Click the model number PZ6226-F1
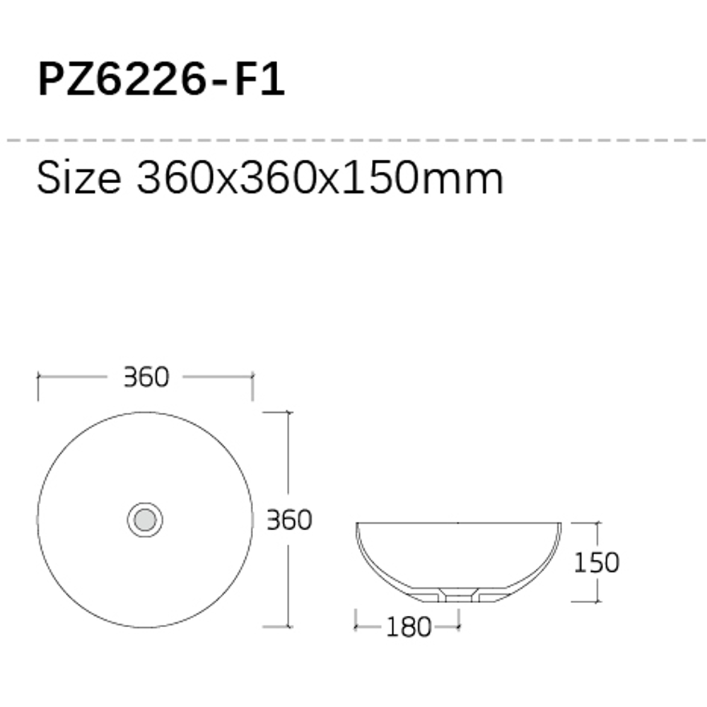point(161,80)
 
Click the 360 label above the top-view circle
point(146,378)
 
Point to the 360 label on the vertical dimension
point(289,520)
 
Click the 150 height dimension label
point(596,563)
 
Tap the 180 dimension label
point(409,626)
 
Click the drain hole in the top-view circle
point(145,520)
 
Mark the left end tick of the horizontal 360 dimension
point(38,378)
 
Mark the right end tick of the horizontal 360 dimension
point(253,378)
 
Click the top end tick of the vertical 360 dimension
point(287,412)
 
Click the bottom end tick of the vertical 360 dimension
point(287,626)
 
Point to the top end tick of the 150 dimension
point(598,523)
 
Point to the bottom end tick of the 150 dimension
point(598,602)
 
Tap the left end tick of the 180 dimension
point(356,626)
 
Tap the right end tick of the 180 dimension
point(459,626)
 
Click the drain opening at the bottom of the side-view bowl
point(459,598)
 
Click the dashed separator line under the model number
point(353,141)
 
